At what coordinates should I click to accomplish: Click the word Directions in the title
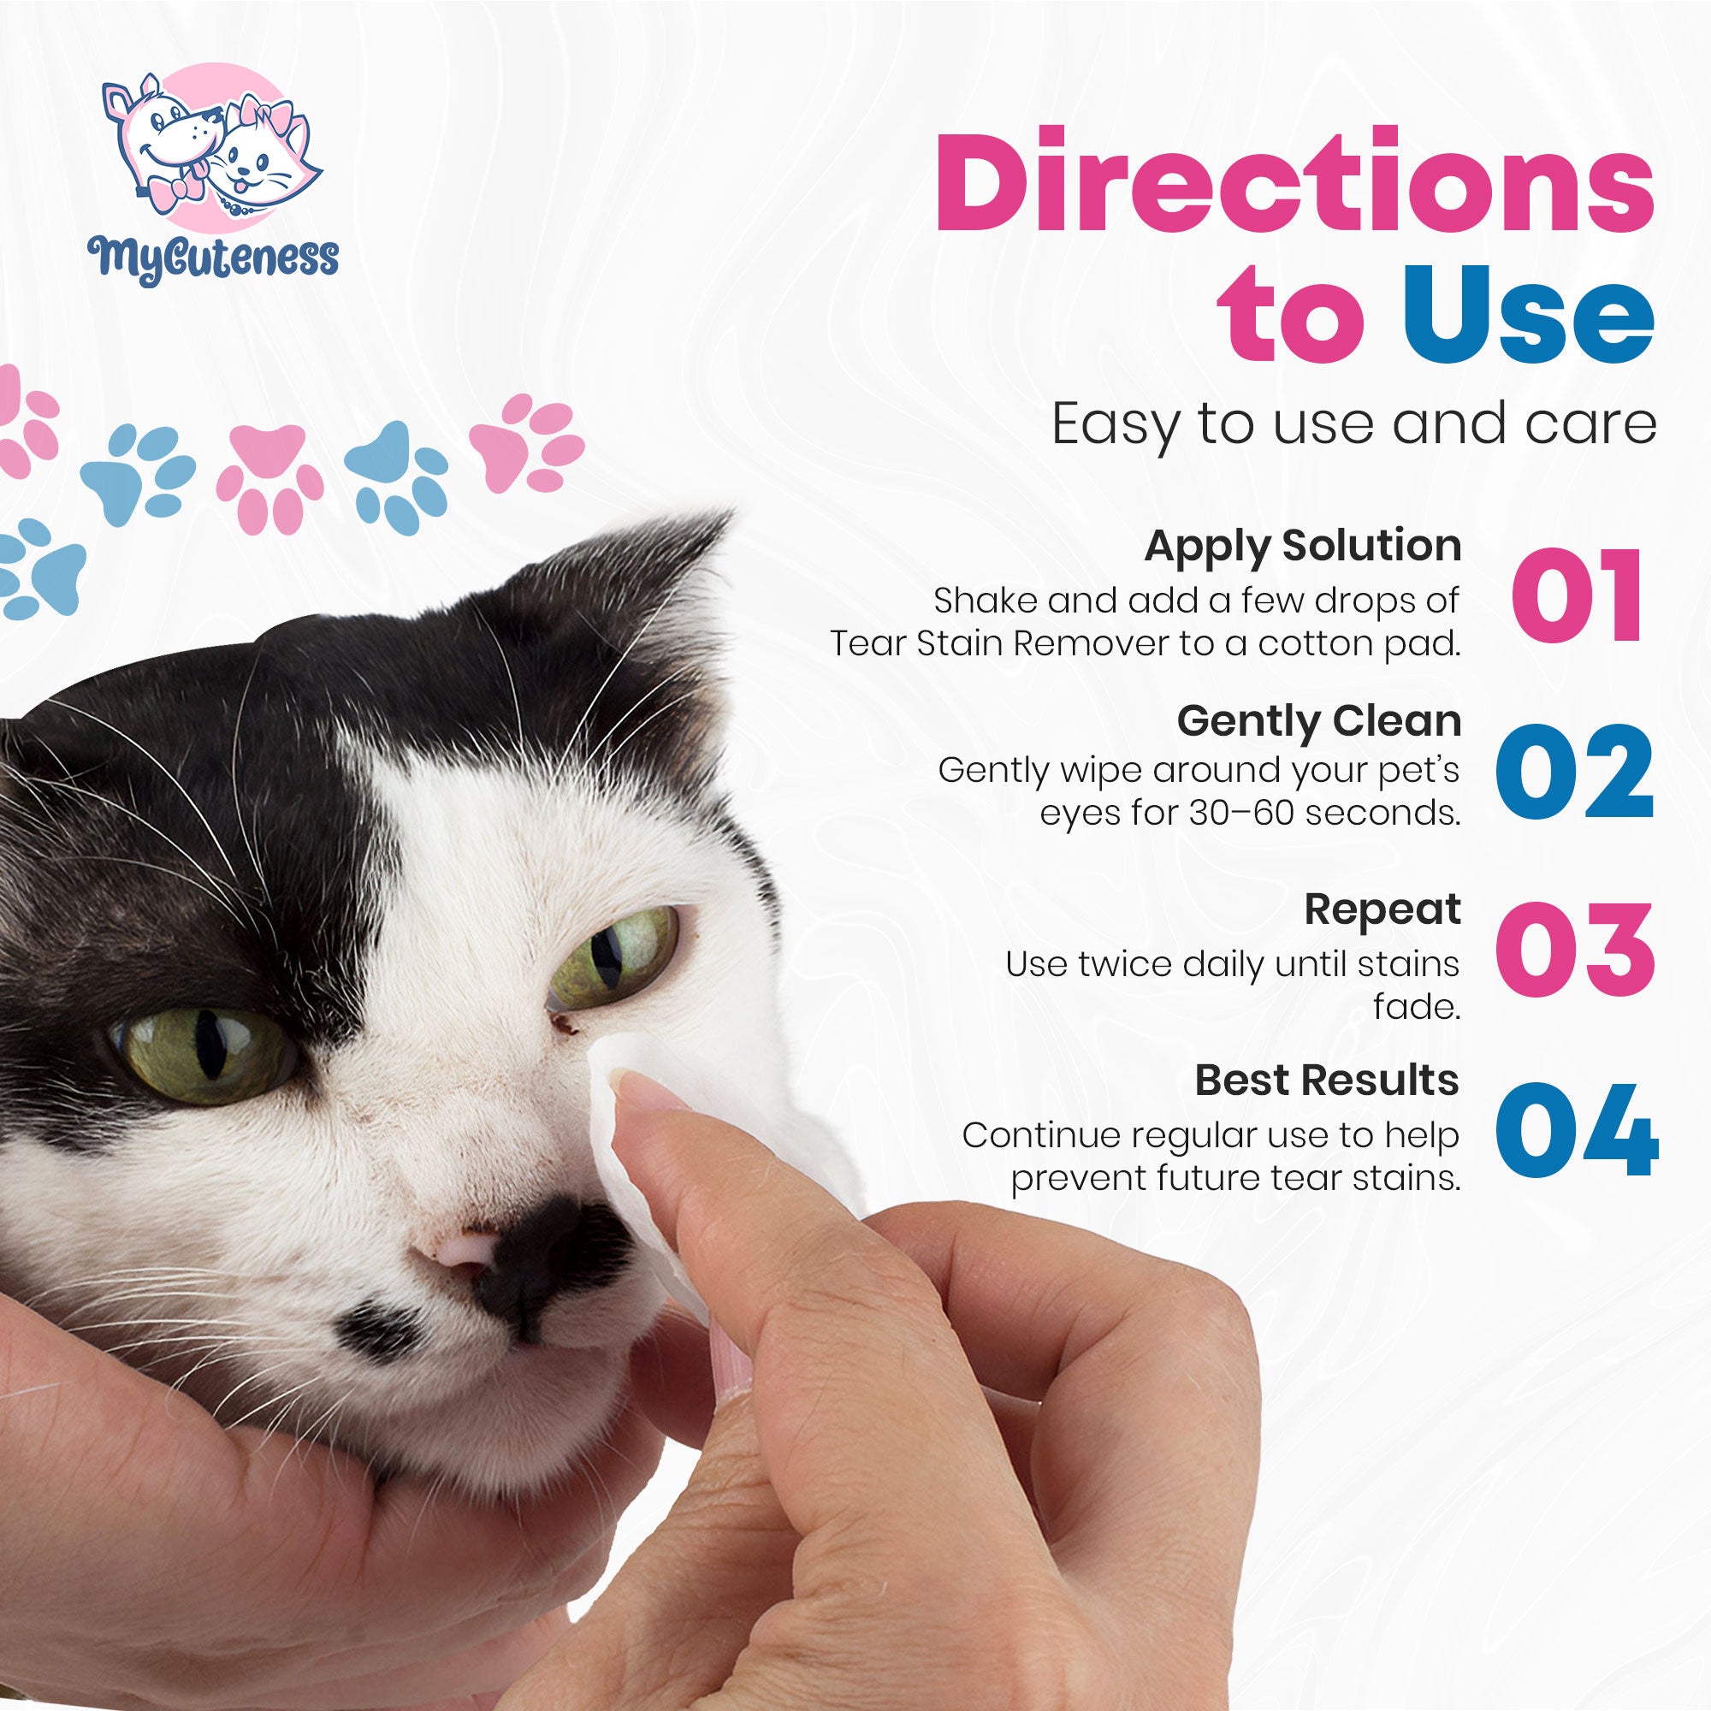(1294, 182)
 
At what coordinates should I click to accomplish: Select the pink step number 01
(1578, 595)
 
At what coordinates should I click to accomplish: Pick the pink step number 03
(1575, 950)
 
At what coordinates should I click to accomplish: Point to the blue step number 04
(1577, 1130)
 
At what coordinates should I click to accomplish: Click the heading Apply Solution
(1303, 548)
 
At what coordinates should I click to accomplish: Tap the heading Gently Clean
(1319, 722)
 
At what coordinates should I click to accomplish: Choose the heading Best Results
(1327, 1080)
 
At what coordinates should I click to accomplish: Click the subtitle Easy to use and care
(1354, 425)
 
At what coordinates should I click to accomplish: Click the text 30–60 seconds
(1324, 813)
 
